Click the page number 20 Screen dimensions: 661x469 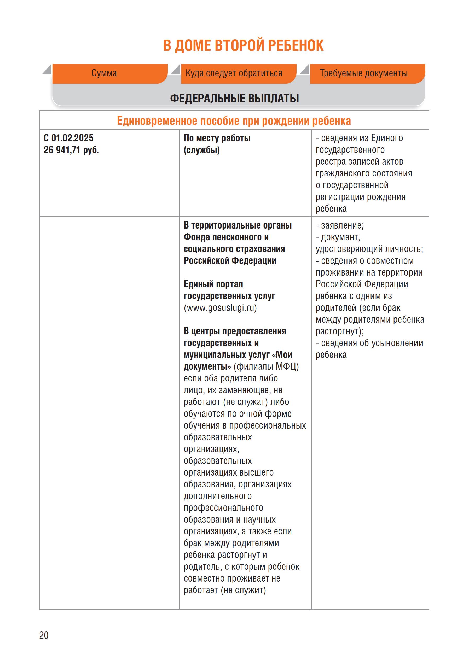coord(44,635)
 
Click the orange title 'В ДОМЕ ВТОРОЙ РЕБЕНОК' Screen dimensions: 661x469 coord(243,46)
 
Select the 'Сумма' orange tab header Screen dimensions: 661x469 coord(104,73)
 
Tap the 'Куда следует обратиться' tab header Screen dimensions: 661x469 coord(234,73)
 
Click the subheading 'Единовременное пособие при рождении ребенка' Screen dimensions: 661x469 coord(234,121)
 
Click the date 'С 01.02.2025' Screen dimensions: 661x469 coord(68,138)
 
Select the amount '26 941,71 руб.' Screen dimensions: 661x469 coord(71,150)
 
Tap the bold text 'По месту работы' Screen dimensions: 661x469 coord(217,138)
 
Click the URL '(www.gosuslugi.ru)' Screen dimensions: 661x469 coord(220,308)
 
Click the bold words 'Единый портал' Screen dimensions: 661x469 coord(213,284)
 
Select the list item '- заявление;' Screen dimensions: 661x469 coord(340,225)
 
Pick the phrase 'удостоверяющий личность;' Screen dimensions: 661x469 coord(369,249)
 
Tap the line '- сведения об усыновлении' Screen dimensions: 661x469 coord(369,343)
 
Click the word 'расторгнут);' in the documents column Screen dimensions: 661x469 coord(340,331)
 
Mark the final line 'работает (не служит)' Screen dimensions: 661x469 coord(225,590)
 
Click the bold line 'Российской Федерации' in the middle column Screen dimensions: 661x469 coord(230,261)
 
